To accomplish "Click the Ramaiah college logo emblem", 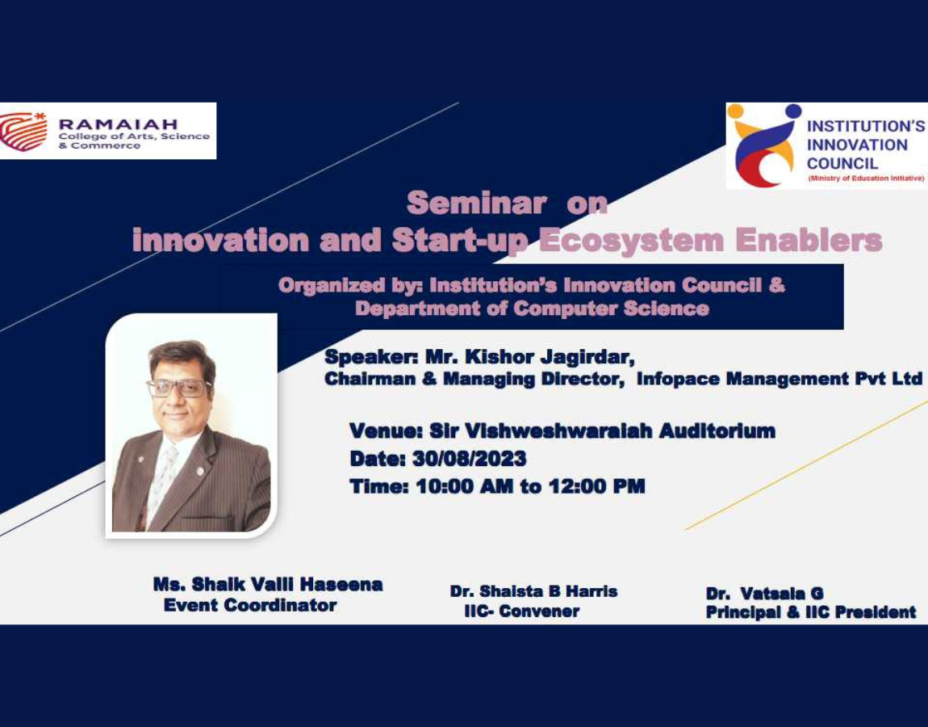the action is pos(23,130).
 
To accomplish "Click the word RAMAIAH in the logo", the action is pos(118,124).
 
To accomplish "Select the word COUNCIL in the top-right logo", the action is pos(842,163).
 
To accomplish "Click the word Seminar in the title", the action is pos(476,204).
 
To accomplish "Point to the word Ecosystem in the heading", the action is pos(631,241).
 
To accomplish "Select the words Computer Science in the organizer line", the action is pos(611,308).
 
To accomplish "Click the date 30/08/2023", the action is pos(469,459).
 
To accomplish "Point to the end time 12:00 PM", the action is pos(596,486).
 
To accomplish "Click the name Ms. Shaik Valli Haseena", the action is pos(268,584).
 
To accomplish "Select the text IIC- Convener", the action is pos(521,611).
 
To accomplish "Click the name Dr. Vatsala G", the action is pos(764,593).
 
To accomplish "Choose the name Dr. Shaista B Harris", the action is pos(533,591).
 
